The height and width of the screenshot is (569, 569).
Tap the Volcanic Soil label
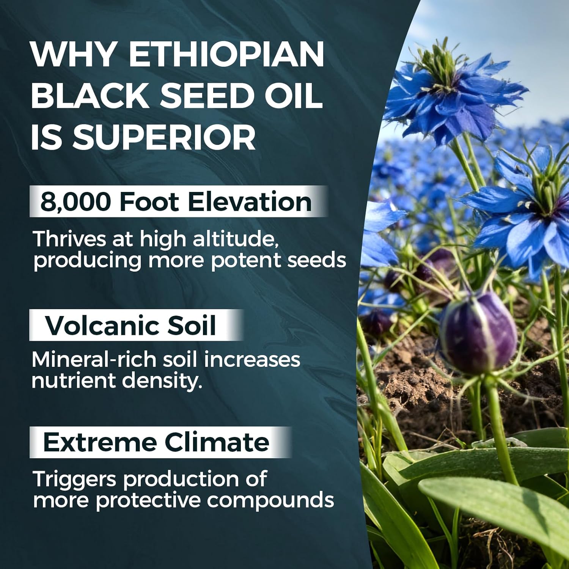point(130,325)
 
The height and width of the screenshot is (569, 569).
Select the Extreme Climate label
point(156,442)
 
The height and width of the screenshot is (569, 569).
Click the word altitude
point(237,239)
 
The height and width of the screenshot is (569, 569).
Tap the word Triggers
point(75,479)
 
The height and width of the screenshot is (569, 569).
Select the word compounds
point(270,500)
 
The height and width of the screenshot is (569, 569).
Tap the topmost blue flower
point(455,99)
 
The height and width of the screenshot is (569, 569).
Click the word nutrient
point(73,380)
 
